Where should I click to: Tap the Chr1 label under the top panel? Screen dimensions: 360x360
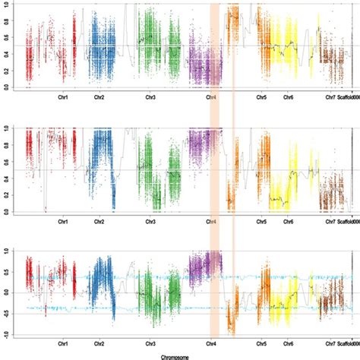tap(64, 98)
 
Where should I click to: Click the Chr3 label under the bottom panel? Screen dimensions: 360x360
tap(151, 344)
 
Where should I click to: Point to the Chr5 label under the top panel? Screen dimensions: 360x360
tap(261, 98)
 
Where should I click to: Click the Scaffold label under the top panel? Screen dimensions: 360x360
tap(349, 98)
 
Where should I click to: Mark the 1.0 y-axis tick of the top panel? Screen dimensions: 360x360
tap(7, 4)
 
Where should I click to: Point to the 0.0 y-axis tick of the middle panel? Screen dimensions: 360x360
tap(7, 211)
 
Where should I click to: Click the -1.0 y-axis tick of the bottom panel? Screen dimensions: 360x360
tap(6, 334)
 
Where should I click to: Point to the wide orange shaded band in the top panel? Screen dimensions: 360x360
tap(214, 46)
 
